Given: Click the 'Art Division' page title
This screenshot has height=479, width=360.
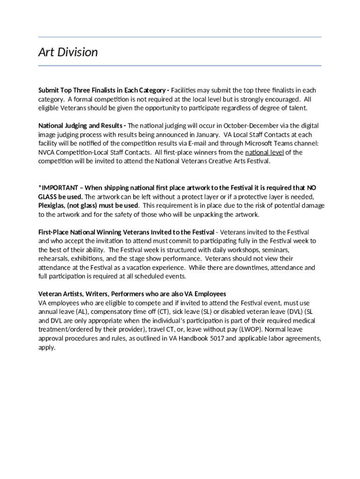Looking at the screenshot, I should click(x=68, y=52).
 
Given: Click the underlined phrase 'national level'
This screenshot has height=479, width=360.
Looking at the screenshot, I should click(x=264, y=152).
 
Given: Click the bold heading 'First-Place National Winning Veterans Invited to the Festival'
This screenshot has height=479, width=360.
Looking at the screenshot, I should click(x=126, y=232).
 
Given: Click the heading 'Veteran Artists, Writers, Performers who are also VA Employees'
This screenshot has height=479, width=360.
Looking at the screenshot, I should click(x=132, y=294).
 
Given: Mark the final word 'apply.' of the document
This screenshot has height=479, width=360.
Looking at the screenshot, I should click(x=46, y=348).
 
